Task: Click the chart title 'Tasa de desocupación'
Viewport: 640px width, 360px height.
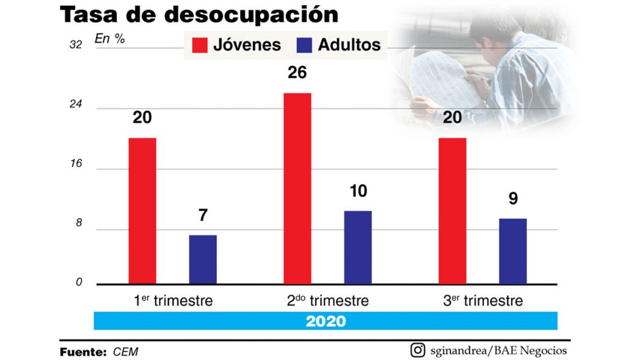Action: [x=199, y=14]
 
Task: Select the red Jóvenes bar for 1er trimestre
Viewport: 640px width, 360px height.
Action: [x=142, y=210]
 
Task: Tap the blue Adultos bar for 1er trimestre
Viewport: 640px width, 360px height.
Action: [x=203, y=259]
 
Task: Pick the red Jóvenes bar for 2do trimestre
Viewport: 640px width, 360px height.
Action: [x=297, y=188]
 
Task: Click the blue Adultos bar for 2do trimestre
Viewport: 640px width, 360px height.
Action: [x=357, y=247]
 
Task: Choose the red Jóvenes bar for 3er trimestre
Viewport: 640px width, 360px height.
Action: [x=452, y=210]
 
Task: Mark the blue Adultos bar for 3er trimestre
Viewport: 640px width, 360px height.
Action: [x=512, y=251]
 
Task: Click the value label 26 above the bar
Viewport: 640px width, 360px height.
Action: [x=297, y=73]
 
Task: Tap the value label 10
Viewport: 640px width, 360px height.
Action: [x=357, y=192]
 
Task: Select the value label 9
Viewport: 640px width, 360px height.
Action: [x=513, y=199]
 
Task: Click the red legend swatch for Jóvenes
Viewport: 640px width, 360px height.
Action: [x=199, y=45]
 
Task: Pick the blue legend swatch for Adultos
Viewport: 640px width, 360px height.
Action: [x=303, y=45]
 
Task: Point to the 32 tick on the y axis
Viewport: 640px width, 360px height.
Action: [x=77, y=45]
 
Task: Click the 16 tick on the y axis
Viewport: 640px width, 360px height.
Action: [x=77, y=164]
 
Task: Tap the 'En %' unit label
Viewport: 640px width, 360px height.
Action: [x=109, y=38]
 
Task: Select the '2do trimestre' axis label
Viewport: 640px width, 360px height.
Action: [x=328, y=301]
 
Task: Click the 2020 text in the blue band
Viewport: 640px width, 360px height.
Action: [x=326, y=321]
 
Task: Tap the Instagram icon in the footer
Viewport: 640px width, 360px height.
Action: [x=418, y=350]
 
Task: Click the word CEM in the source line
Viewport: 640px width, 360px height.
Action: [x=125, y=352]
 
